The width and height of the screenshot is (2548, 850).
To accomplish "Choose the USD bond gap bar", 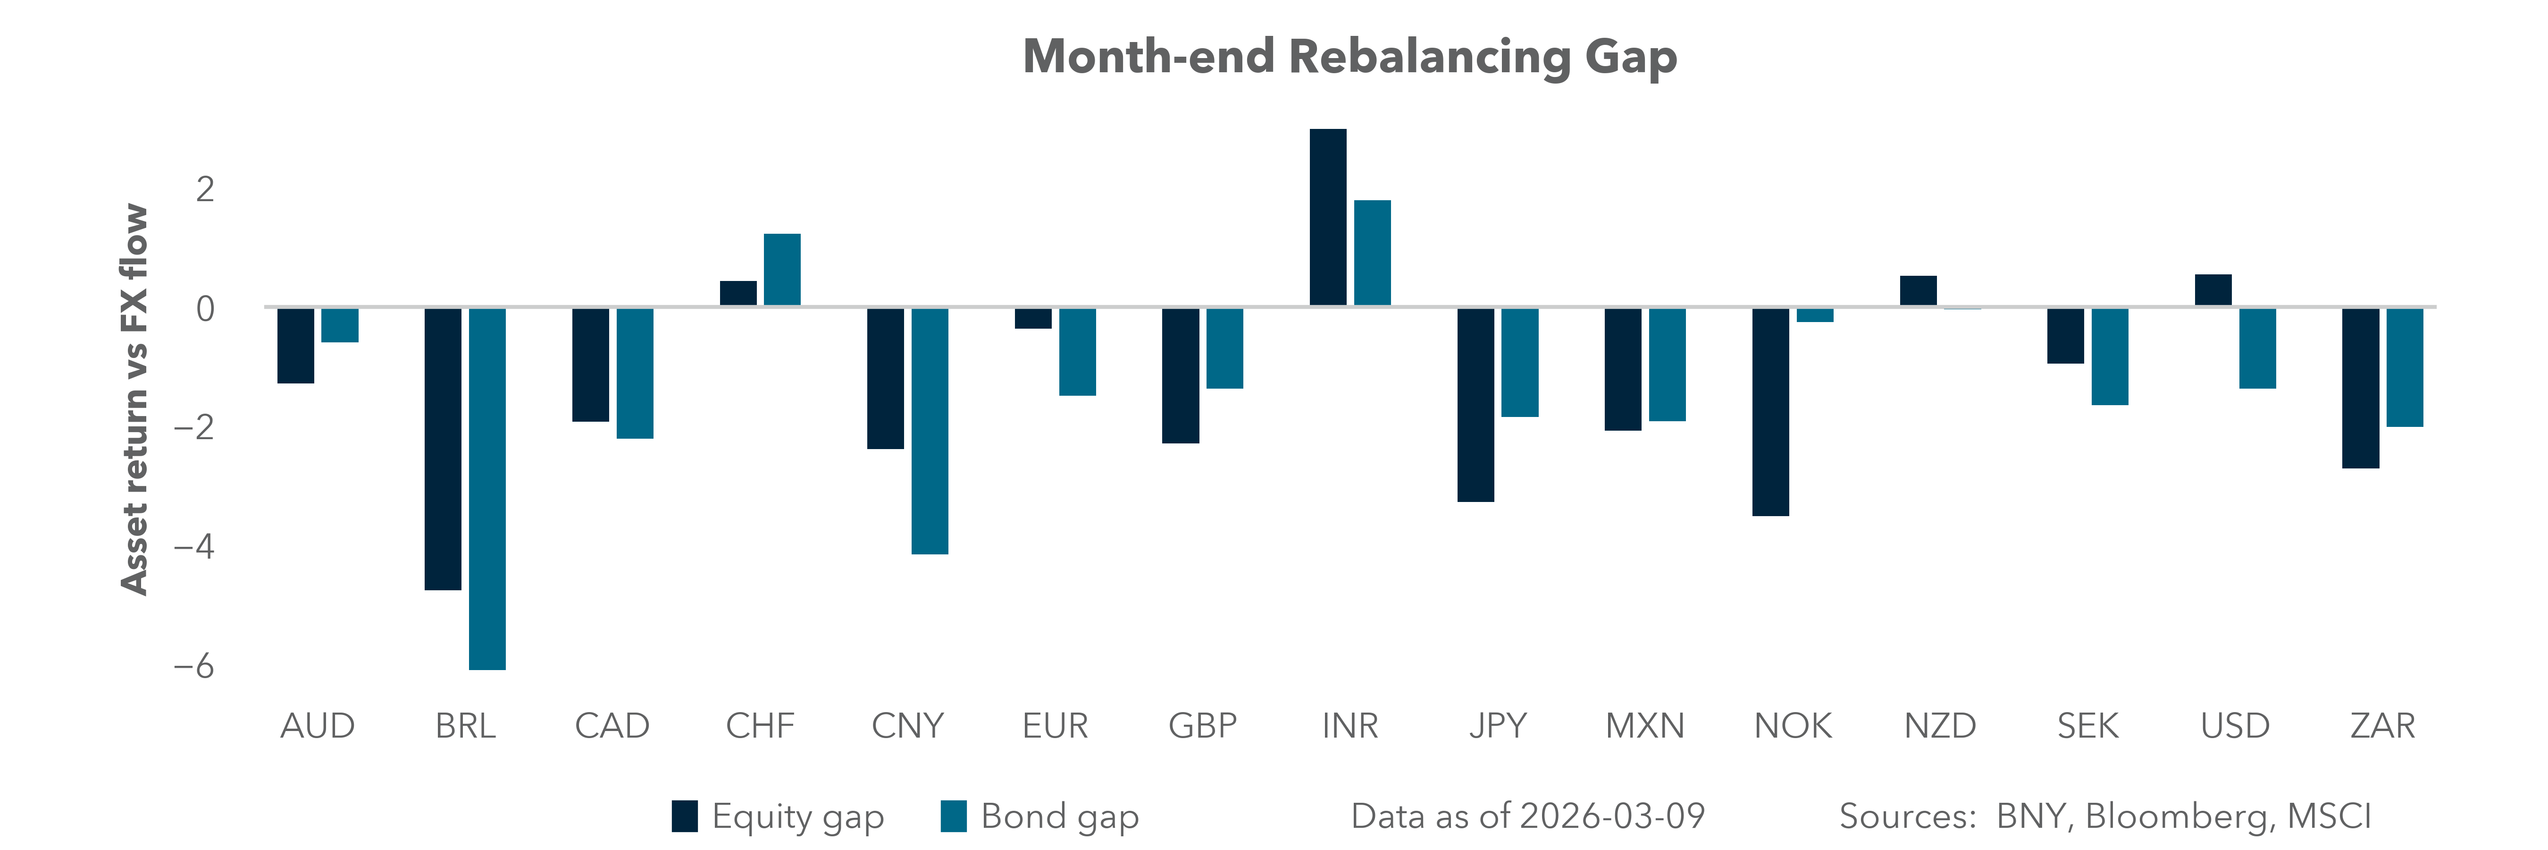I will (2257, 348).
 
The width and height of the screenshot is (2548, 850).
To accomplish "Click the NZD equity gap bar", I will (1918, 291).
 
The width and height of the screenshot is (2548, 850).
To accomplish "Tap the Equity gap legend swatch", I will (685, 816).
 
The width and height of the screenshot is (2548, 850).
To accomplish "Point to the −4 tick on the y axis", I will (194, 546).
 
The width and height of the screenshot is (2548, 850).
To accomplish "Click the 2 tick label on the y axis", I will (205, 189).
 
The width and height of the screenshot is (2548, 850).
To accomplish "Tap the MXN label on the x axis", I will (1644, 726).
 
